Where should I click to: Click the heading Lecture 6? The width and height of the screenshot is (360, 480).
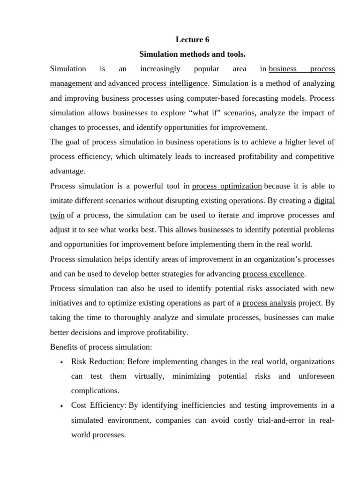193,40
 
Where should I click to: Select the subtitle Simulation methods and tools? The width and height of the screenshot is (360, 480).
193,54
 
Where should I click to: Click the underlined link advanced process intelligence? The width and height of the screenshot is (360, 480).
157,83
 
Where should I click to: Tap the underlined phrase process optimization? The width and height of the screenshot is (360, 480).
227,186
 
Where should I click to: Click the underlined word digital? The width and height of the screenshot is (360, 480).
324,201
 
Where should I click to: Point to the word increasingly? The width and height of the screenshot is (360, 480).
160,69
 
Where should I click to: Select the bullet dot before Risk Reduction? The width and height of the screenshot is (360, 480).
62,362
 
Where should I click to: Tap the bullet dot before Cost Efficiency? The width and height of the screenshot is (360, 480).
62,406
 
